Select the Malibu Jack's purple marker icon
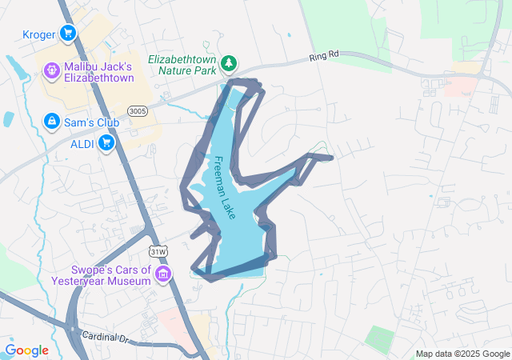51,71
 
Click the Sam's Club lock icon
51,120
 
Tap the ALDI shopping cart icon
106,143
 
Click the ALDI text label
82,144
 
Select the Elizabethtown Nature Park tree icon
229,62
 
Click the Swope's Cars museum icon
163,276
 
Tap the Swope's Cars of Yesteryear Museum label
100,275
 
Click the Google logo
26,350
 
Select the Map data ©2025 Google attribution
462,354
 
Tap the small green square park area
381,338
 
